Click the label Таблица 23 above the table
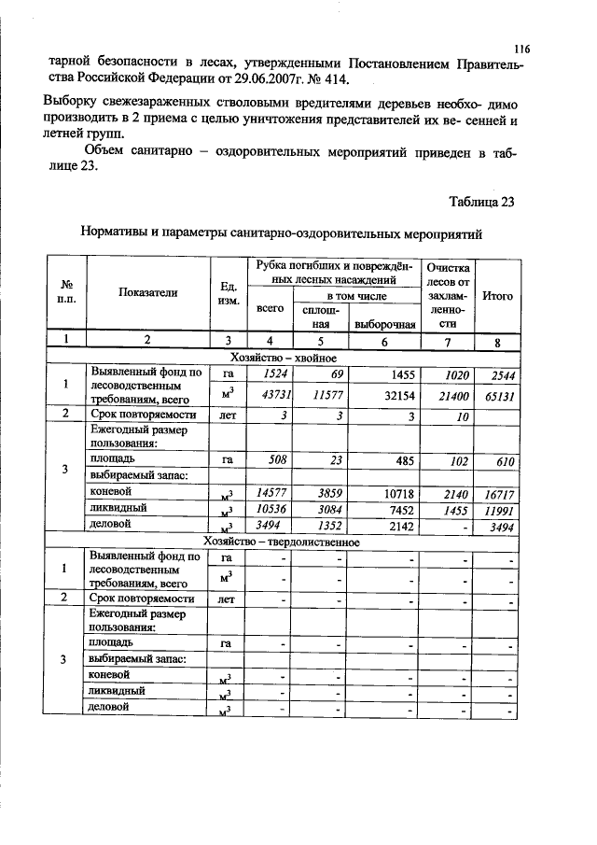point(481,201)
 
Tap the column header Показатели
point(147,292)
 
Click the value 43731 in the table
point(271,396)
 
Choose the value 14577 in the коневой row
point(271,492)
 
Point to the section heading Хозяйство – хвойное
point(283,358)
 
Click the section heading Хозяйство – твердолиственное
point(283,542)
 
